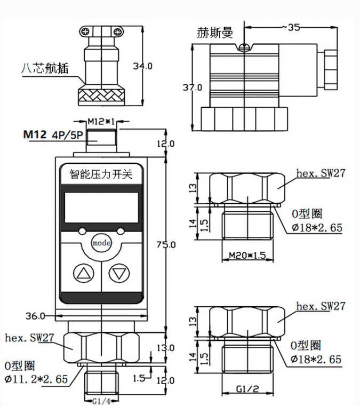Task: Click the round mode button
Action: coord(101,243)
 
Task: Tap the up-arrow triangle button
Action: coord(84,274)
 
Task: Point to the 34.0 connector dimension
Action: coord(142,66)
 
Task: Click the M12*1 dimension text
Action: coord(101,120)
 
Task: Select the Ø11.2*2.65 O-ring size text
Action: coord(36,379)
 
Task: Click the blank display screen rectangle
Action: coord(101,208)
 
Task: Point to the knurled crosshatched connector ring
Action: coord(101,97)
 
